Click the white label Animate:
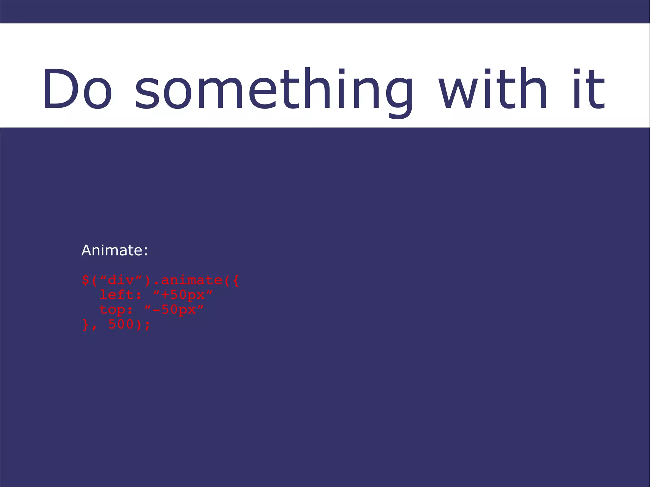tap(115, 250)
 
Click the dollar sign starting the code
tap(85, 280)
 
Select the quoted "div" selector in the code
tap(121, 280)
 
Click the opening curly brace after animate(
tap(235, 280)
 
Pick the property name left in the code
tap(116, 295)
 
